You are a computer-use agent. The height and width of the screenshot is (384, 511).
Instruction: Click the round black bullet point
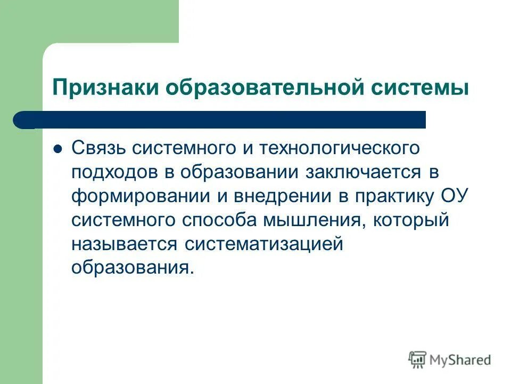coord(59,149)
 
